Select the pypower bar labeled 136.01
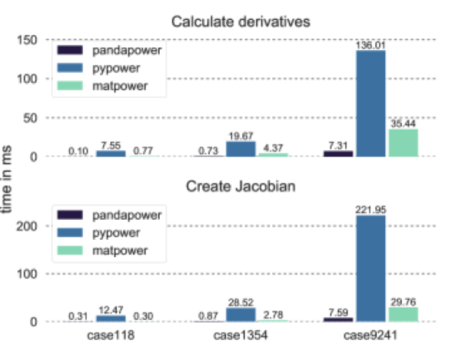click(371, 104)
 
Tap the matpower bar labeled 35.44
click(403, 143)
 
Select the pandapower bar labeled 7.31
click(338, 154)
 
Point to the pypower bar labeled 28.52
click(240, 315)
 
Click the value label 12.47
click(110, 310)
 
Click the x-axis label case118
click(110, 337)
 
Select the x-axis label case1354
click(240, 337)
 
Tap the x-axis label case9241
click(371, 337)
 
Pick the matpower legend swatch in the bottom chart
click(69, 251)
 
